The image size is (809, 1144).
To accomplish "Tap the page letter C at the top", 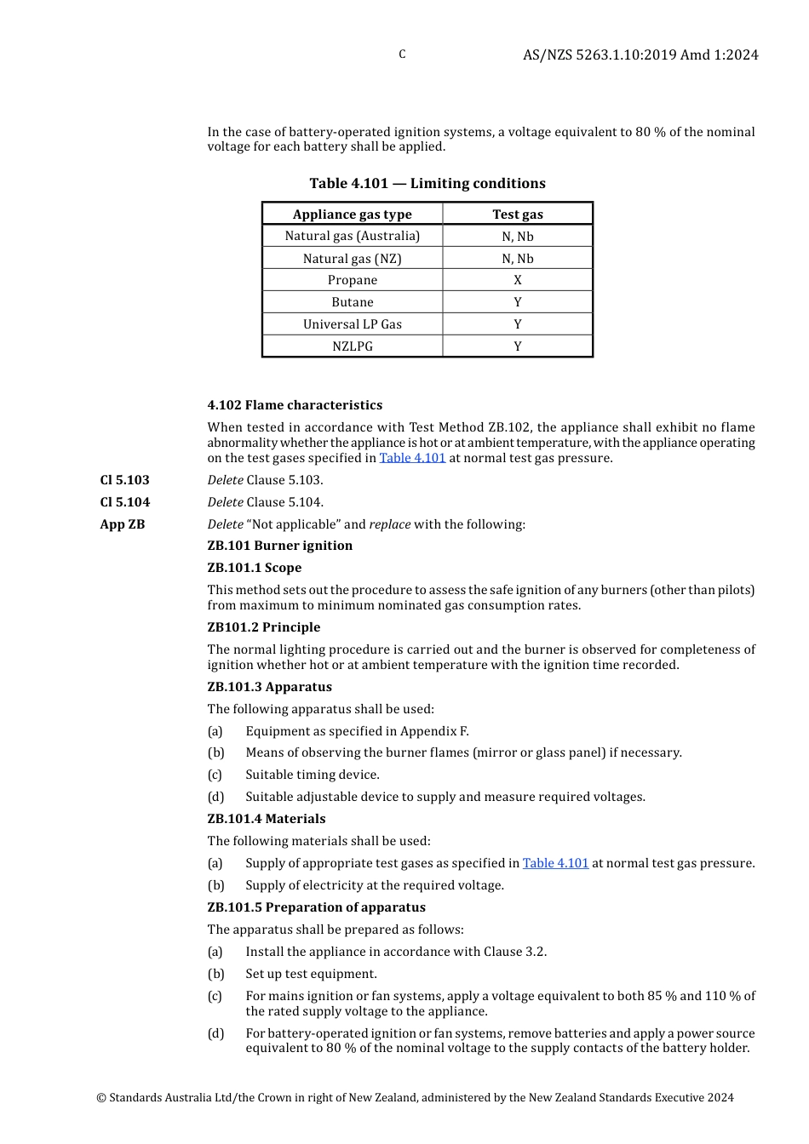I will (402, 54).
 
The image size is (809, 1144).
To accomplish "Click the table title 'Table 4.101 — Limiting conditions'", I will (427, 183).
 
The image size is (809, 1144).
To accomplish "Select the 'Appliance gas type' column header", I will (352, 214).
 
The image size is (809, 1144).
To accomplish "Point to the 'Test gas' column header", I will (517, 214).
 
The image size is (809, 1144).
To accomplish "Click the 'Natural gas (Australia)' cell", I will (352, 236).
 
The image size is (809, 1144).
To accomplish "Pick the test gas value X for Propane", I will (517, 280).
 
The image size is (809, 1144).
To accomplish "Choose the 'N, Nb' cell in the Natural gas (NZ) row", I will (517, 258).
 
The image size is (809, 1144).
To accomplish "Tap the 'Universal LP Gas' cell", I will (352, 324).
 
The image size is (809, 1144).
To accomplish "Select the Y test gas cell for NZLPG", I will (517, 346).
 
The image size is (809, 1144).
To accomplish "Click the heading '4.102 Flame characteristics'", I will (295, 405).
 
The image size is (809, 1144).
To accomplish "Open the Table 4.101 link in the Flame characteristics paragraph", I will (412, 458).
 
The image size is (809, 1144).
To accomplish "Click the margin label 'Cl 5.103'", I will (124, 480).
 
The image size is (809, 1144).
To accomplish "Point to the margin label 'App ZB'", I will (123, 524).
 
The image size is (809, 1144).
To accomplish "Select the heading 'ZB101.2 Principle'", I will (264, 627).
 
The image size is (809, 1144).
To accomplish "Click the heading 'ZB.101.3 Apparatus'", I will (269, 687).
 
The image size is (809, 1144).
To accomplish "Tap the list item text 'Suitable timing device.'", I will (313, 775).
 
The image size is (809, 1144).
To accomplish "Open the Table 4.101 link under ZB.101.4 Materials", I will (555, 863).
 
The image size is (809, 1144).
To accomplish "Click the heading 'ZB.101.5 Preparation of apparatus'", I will (316, 907).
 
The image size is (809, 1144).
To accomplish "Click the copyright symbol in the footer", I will (101, 1098).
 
